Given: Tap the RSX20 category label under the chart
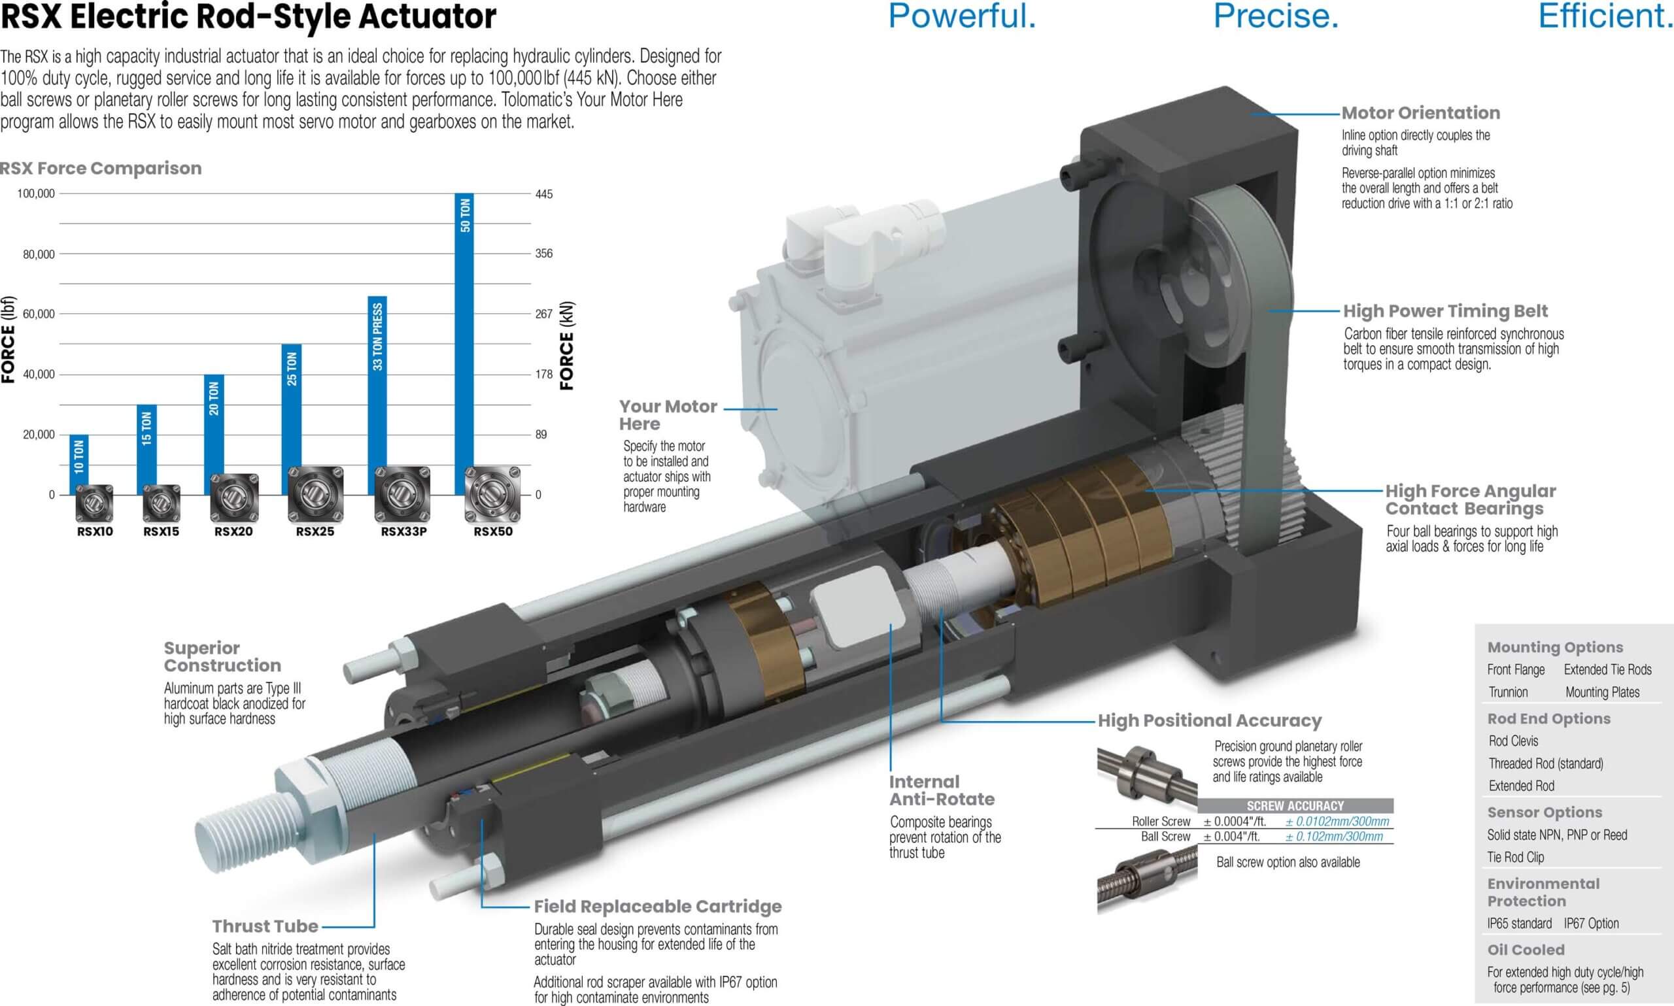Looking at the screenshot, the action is click(x=233, y=531).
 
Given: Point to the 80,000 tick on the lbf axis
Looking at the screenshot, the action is click(x=39, y=254).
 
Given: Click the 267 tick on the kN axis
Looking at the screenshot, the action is click(x=544, y=314).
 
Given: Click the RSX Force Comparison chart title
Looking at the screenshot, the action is click(x=100, y=168).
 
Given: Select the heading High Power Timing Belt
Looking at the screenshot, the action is click(x=1446, y=311).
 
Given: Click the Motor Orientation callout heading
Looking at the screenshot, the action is click(x=1420, y=112).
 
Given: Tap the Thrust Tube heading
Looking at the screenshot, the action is click(x=265, y=926).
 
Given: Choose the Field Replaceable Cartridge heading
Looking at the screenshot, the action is click(x=658, y=907).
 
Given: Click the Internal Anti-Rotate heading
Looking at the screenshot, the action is click(x=942, y=790).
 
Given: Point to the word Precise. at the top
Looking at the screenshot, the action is click(x=1276, y=16).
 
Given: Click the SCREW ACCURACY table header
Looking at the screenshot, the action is click(x=1295, y=806).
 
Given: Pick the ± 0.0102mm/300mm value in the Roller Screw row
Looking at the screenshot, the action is click(x=1337, y=822).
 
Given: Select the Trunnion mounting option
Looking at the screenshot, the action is click(x=1508, y=692).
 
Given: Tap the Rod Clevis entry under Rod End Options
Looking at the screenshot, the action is click(x=1513, y=741).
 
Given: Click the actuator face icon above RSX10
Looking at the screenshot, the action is click(x=94, y=503).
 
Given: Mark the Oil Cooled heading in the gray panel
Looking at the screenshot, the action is click(x=1526, y=950).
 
